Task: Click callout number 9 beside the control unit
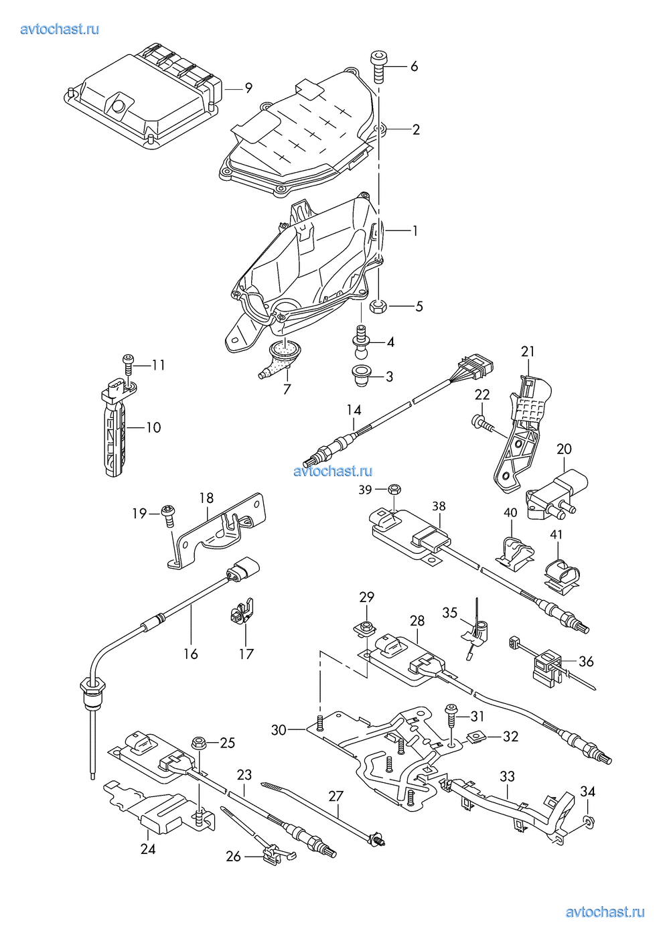point(248,88)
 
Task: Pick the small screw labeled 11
point(128,364)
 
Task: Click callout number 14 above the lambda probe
point(354,410)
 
